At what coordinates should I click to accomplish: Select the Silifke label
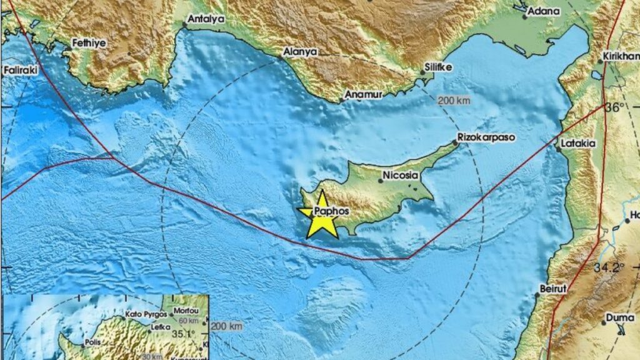[x=438, y=65]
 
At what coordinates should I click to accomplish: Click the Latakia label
[x=579, y=143]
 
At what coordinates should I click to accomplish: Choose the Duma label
[x=619, y=317]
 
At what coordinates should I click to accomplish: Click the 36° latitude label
[x=614, y=107]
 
